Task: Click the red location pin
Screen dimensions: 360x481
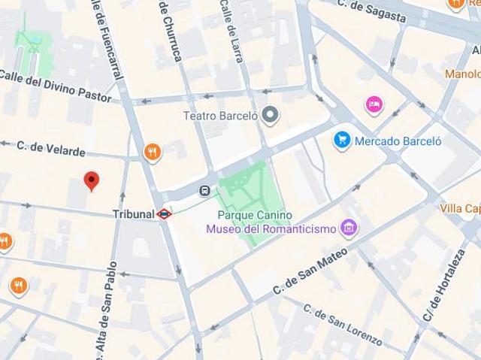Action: coord(91,181)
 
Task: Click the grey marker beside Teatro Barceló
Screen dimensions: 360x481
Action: coord(271,116)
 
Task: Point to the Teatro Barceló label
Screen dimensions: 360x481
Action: coord(221,116)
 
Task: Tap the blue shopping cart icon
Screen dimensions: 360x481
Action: coord(343,140)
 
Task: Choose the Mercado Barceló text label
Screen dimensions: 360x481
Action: coord(398,141)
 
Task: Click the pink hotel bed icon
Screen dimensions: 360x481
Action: coord(374,104)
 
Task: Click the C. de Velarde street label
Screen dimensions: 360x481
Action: coord(51,149)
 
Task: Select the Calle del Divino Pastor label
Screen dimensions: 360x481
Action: coord(56,86)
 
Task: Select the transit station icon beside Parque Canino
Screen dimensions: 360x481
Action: coord(204,190)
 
